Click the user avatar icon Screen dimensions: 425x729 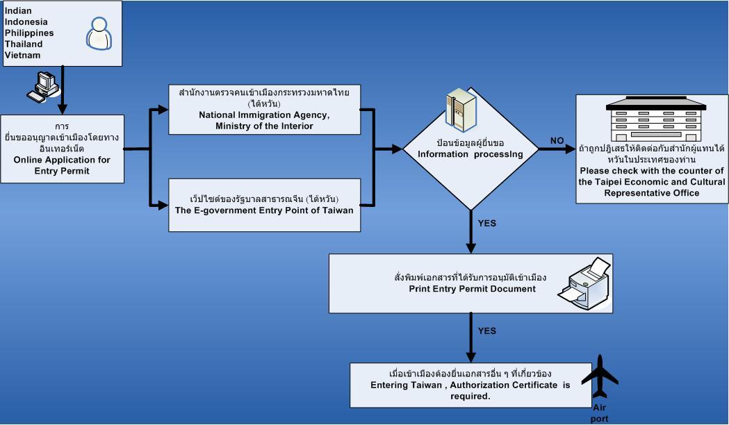[99, 33]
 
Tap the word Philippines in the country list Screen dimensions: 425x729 [28, 33]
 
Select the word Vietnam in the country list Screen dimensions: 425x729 [22, 55]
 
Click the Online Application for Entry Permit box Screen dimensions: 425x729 [62, 149]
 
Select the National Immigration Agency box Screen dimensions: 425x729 [265, 109]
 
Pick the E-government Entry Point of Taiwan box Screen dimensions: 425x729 [265, 205]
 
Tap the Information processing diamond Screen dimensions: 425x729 [471, 149]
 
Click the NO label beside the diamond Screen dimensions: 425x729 [557, 141]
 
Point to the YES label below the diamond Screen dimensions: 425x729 [487, 224]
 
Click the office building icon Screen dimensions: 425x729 [656, 122]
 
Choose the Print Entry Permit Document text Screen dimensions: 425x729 [472, 289]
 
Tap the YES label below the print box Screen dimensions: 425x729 [487, 331]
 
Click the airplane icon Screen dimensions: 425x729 [600, 378]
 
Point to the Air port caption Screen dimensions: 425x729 [600, 414]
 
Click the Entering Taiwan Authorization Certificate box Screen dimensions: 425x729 [470, 385]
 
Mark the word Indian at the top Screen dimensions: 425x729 [17, 10]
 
